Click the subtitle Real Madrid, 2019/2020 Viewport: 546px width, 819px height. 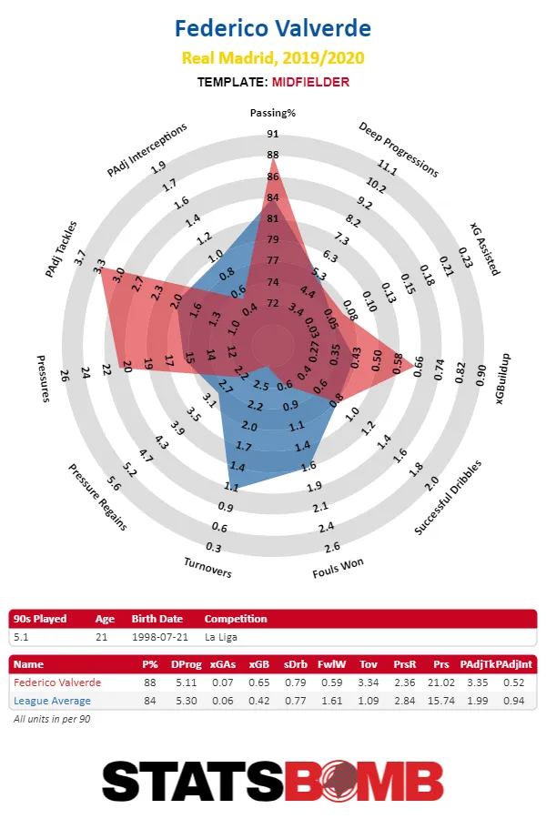273,58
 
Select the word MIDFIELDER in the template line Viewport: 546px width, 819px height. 309,82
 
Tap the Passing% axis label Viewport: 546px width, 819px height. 273,113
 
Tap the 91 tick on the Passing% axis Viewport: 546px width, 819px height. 273,134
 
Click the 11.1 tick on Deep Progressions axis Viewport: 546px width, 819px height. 389,168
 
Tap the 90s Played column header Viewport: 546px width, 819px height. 40,619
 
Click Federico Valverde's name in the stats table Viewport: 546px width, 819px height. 57,682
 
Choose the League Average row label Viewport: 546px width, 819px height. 52,701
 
